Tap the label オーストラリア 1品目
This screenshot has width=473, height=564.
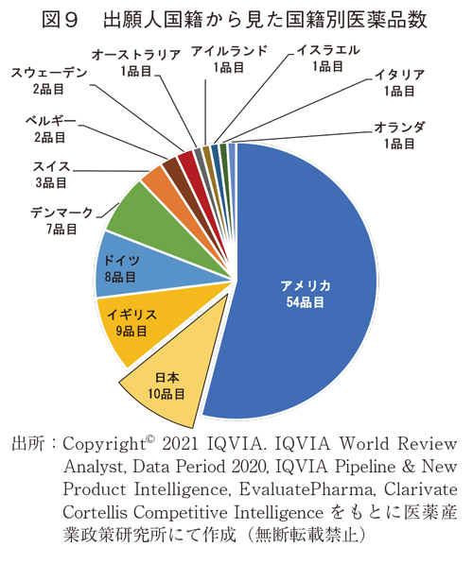[137, 61]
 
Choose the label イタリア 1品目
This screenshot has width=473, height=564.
[398, 84]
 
